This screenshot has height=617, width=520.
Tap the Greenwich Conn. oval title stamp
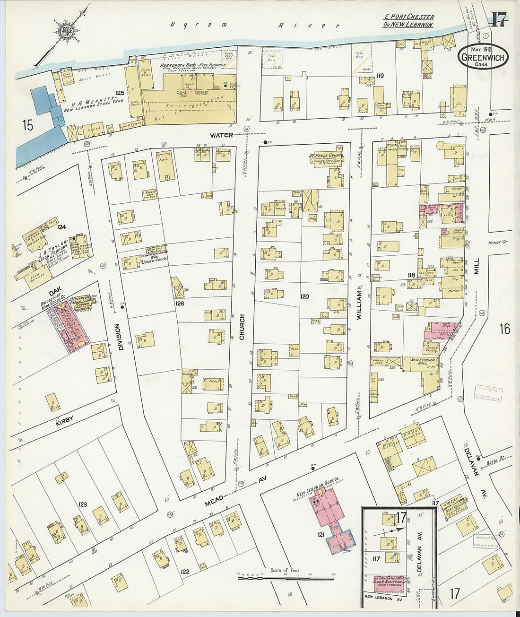coord(483,57)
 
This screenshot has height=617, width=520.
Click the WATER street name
coord(222,135)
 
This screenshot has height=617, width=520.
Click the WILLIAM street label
coord(359,305)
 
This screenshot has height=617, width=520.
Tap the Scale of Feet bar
coord(286,577)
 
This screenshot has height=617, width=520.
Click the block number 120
coord(304,296)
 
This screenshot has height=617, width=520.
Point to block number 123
coord(83,504)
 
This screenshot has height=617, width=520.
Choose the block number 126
coord(180,303)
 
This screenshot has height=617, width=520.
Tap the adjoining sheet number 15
coord(27,125)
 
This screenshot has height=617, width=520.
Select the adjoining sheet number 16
coord(504,329)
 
